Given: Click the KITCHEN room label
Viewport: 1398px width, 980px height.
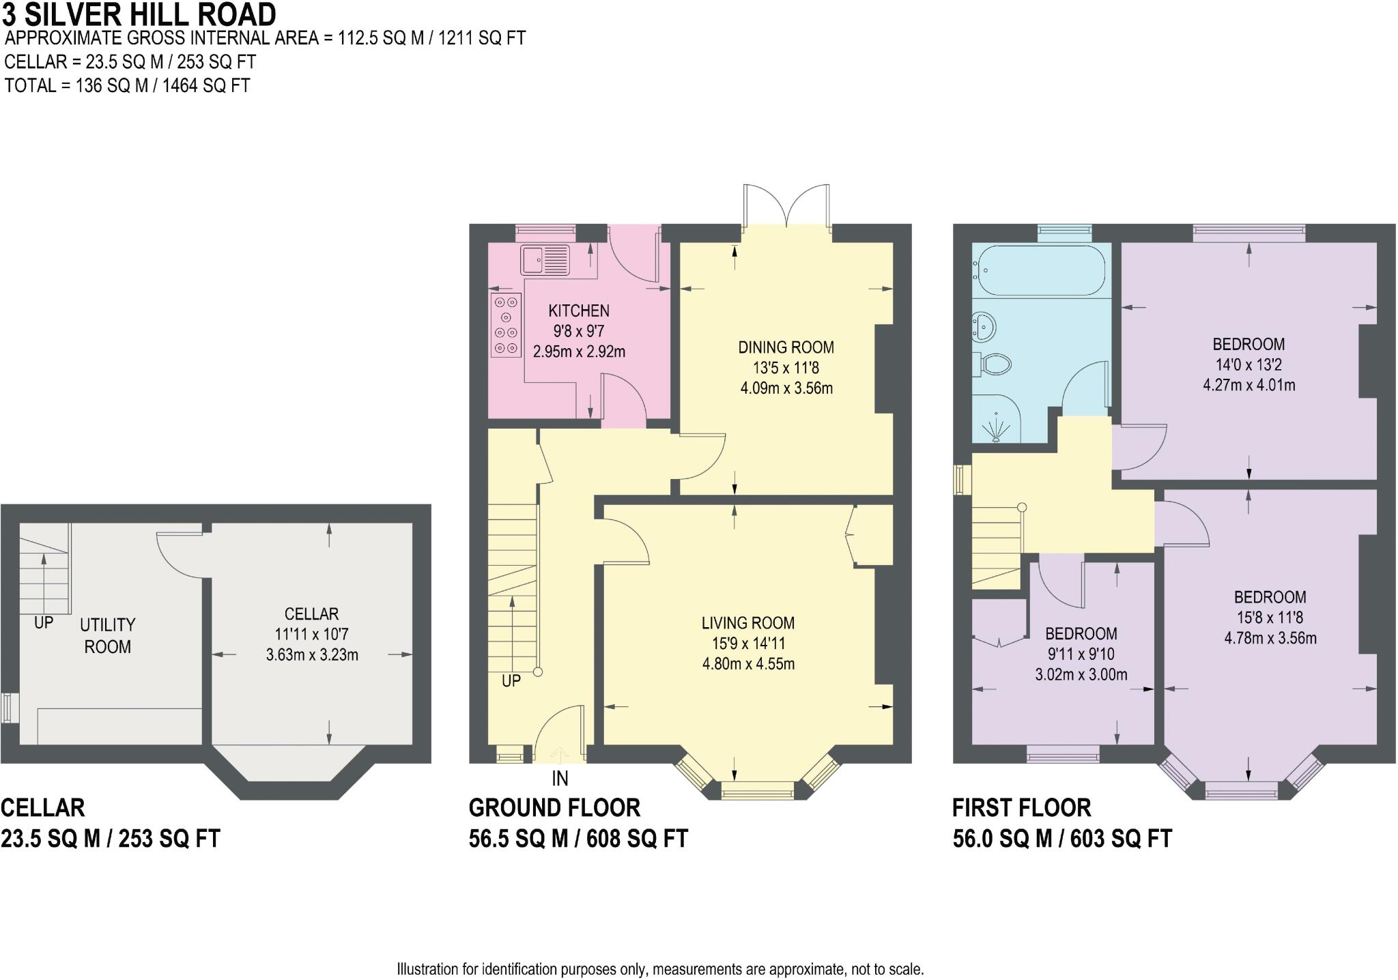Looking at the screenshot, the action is click(579, 311).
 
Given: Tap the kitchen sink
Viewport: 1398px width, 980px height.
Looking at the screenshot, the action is click(545, 259).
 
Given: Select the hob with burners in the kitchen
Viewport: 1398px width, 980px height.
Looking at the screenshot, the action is click(506, 325).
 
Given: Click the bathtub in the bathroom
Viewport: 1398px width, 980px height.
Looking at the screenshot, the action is click(1042, 270).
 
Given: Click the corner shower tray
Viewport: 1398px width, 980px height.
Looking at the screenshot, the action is click(997, 418).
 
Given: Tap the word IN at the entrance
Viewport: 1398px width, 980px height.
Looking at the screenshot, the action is click(560, 778).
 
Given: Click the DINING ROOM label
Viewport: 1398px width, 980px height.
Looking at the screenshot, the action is click(786, 347).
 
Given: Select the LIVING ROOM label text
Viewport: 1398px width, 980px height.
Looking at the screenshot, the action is click(748, 623).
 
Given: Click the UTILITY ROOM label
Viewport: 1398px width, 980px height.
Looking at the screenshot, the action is click(108, 635).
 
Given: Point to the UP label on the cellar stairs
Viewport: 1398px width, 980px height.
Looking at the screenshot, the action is click(44, 622).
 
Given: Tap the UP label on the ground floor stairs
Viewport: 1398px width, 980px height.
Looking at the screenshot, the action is click(511, 680).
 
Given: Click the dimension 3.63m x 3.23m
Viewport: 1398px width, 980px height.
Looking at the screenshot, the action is click(312, 655).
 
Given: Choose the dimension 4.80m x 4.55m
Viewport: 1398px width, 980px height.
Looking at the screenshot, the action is click(749, 664).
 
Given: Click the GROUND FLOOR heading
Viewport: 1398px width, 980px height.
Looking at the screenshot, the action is click(554, 808).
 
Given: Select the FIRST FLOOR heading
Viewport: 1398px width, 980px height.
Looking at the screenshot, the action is click(1022, 808).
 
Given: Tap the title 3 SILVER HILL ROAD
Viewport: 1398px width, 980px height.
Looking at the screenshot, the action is click(139, 14).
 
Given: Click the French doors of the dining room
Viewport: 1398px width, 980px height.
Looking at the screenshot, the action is click(787, 205).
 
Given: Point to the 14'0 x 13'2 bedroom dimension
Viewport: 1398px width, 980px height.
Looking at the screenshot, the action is click(1249, 364).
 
